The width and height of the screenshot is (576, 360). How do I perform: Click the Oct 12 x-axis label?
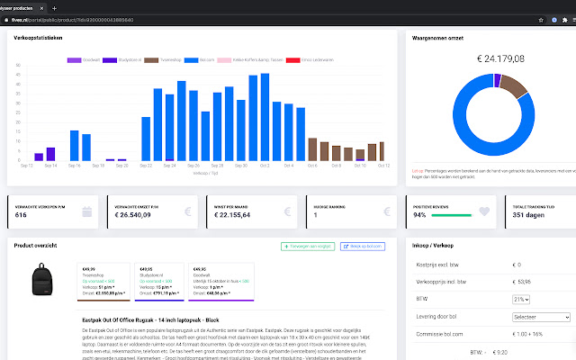coord(382,166)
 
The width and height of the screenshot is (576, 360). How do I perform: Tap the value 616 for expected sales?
coord(22,215)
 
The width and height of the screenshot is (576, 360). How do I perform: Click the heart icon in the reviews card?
coord(483,212)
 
